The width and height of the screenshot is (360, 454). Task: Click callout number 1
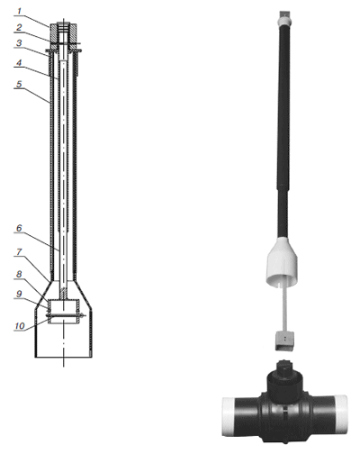[x=19, y=12]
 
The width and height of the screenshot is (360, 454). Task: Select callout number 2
[x=19, y=28]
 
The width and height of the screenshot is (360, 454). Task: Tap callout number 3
[x=19, y=43]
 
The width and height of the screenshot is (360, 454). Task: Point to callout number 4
[x=19, y=63]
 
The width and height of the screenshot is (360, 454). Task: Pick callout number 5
[x=19, y=84]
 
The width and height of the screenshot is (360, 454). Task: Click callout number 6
[x=19, y=228]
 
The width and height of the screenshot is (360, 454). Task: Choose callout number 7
[x=19, y=251]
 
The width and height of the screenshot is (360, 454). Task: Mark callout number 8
[x=19, y=274]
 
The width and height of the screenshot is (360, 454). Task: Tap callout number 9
[x=19, y=294]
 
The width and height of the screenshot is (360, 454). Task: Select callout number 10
[x=20, y=326]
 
